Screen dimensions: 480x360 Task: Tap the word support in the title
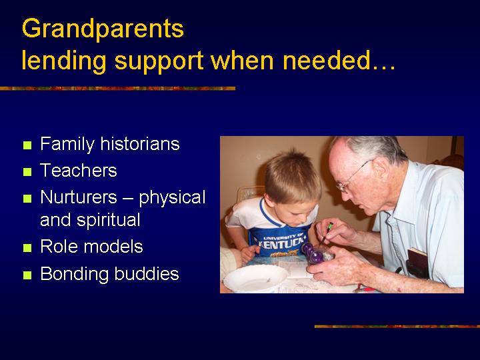click(x=159, y=62)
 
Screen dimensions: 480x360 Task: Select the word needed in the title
click(x=327, y=60)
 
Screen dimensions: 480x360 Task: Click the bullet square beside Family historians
click(x=27, y=145)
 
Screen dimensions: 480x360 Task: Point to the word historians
click(x=140, y=143)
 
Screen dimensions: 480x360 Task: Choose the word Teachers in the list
click(x=79, y=170)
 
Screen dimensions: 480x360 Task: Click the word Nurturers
click(x=79, y=197)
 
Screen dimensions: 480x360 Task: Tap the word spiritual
click(x=109, y=220)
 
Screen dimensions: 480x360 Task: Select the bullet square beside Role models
click(x=27, y=247)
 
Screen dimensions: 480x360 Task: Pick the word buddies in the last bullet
click(x=147, y=273)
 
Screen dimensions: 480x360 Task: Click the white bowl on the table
click(x=255, y=278)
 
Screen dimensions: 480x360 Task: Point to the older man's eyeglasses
click(x=352, y=177)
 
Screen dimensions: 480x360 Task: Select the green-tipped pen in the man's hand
click(x=325, y=235)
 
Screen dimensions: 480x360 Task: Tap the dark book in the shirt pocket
click(x=417, y=263)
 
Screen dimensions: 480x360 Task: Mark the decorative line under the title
click(x=117, y=89)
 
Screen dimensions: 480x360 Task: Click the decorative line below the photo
click(x=397, y=327)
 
